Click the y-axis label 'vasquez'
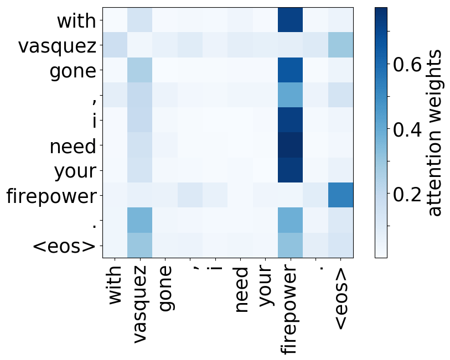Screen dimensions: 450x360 click(57, 46)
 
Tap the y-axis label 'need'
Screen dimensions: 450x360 click(73, 146)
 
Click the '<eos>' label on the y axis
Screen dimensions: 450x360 click(64, 246)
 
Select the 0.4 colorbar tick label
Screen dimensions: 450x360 click(407, 129)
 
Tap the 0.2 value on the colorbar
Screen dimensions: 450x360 click(407, 194)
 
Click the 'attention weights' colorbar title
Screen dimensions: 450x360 click(434, 133)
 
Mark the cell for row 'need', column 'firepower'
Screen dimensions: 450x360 click(290, 145)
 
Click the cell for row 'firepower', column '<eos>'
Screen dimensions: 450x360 click(340, 195)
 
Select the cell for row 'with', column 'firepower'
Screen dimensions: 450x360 click(290, 20)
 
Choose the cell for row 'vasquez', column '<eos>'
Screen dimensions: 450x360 click(340, 45)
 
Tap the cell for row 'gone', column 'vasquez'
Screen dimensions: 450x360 click(140, 70)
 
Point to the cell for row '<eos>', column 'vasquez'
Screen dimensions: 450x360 click(140, 245)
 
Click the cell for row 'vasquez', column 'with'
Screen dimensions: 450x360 click(115, 45)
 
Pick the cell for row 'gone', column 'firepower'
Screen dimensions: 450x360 click(290, 70)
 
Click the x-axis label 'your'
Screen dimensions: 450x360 click(266, 286)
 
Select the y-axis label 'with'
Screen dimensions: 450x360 click(76, 21)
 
